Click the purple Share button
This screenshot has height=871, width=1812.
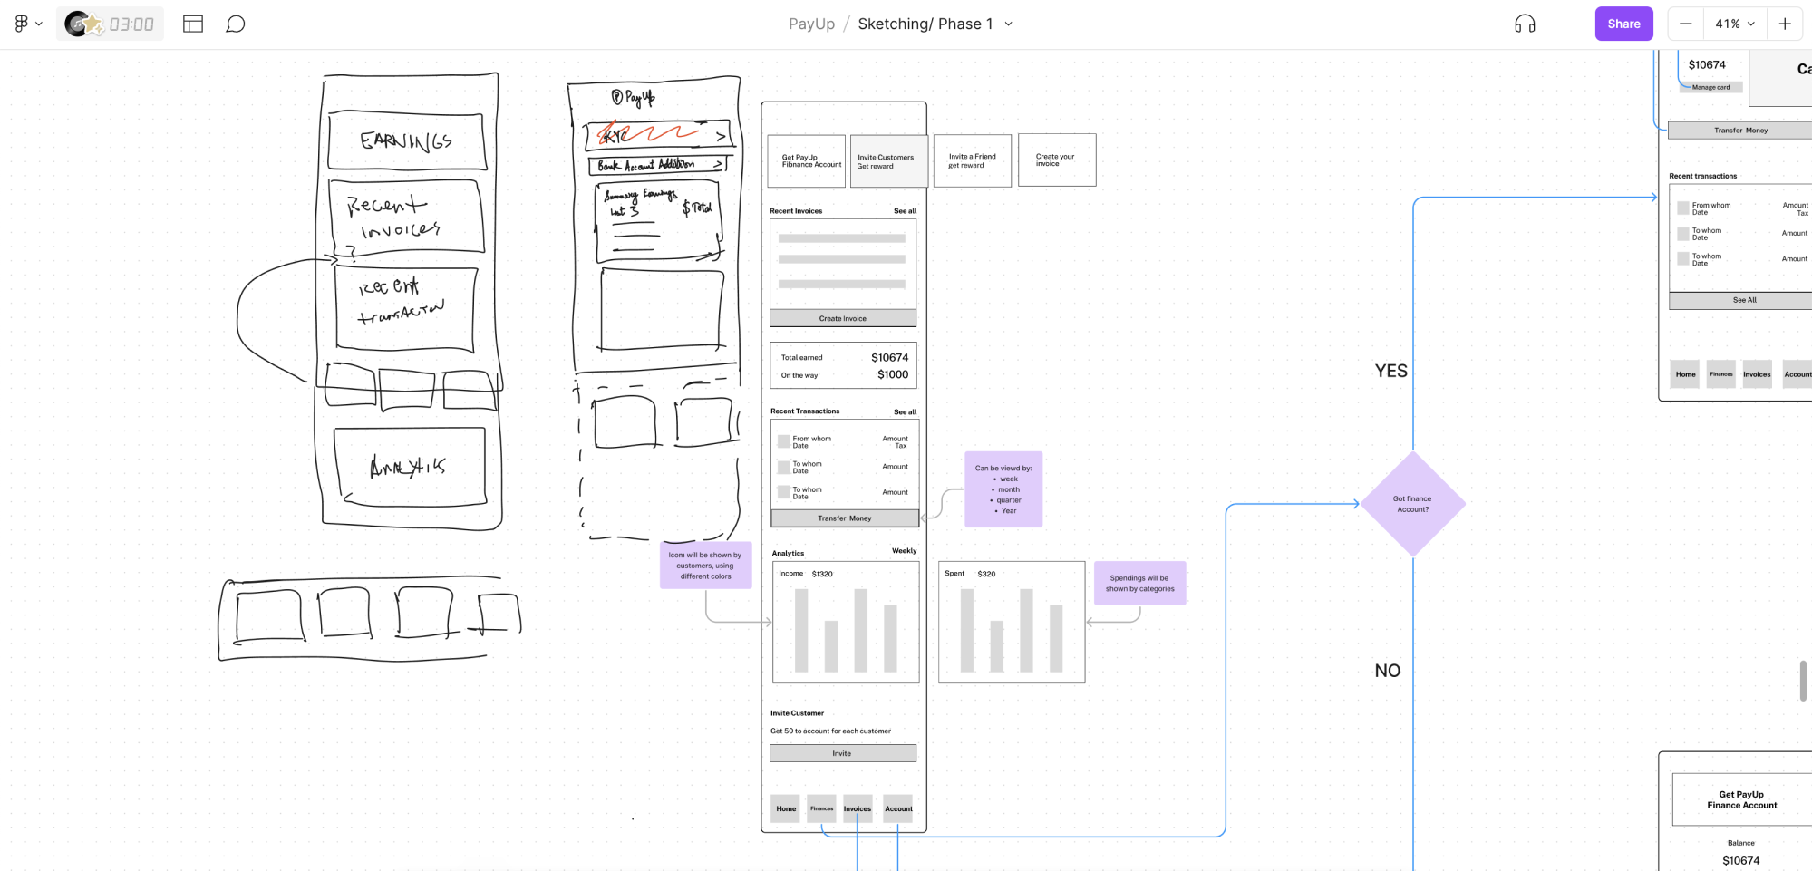[1623, 24]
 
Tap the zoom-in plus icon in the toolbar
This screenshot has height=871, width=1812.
[1784, 24]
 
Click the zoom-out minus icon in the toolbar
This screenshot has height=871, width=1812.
[1685, 24]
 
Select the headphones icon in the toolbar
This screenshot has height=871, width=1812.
[1525, 24]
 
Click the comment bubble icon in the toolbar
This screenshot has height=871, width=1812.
[236, 24]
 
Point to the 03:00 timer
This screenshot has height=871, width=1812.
[131, 24]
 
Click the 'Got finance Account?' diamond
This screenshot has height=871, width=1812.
[1412, 504]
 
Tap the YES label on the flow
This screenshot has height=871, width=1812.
[1390, 371]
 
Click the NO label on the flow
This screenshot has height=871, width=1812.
[1387, 671]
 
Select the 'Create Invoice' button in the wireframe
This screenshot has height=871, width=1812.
[842, 318]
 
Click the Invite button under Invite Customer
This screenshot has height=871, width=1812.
[842, 753]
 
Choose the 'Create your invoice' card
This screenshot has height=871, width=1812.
[1056, 160]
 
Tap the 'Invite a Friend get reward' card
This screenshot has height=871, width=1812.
[972, 160]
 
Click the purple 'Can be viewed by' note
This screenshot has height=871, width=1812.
[1003, 489]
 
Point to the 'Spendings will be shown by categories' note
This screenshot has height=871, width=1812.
[1139, 584]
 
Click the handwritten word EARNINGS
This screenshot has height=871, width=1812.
[405, 141]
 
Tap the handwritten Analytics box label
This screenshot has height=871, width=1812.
[408, 467]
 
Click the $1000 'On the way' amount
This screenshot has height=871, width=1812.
[892, 374]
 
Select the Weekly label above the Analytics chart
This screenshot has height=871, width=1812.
[904, 551]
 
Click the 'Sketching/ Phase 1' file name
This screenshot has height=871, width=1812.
[925, 24]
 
